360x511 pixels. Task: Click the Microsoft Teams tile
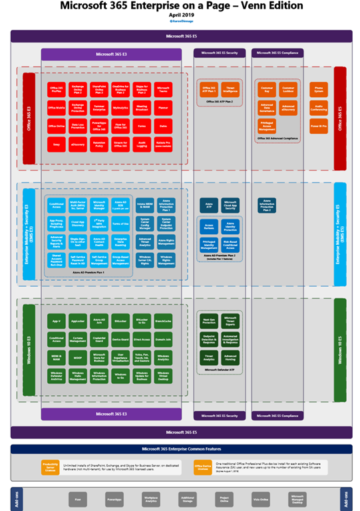(x=164, y=88)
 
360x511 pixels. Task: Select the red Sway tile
(x=57, y=143)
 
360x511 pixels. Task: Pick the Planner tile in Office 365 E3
(x=164, y=106)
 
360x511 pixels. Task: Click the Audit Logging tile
(x=140, y=143)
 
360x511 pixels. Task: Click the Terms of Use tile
(x=121, y=224)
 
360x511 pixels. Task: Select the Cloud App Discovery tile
(x=78, y=224)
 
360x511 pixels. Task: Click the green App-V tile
(x=57, y=321)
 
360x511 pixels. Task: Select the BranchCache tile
(x=163, y=321)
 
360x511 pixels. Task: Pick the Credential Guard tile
(x=100, y=339)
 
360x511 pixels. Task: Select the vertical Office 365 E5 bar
(x=339, y=118)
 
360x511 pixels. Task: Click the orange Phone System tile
(x=319, y=88)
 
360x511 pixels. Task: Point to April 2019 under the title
(x=180, y=14)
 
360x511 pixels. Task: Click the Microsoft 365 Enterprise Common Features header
(x=180, y=450)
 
